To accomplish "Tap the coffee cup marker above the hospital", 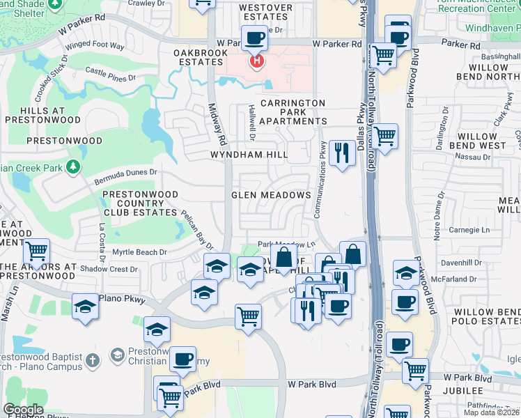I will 255,38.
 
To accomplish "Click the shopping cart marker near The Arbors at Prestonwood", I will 36,251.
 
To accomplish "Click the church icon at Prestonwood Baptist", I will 117,355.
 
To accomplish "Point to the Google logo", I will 23,410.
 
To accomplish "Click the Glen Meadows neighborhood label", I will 271,195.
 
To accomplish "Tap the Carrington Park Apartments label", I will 292,111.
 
